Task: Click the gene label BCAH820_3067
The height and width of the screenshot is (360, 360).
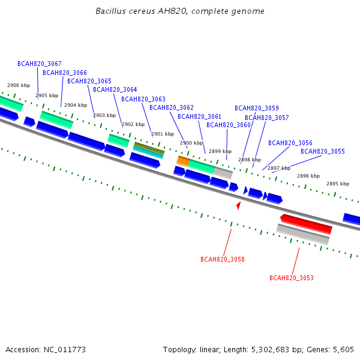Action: click(x=40, y=64)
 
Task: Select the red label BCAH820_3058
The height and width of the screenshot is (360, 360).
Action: click(x=223, y=259)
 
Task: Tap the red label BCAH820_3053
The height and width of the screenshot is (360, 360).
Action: click(x=292, y=278)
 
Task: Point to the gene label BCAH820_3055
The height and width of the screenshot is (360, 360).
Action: click(x=323, y=151)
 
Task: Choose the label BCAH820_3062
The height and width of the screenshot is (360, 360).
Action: click(x=172, y=107)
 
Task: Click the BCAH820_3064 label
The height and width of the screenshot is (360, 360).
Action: click(x=115, y=89)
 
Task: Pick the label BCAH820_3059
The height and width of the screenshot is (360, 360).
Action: click(x=257, y=108)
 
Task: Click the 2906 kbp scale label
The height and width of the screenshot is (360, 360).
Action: click(x=19, y=85)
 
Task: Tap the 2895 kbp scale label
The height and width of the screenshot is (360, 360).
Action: click(x=338, y=184)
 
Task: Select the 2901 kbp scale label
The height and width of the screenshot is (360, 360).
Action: click(x=163, y=134)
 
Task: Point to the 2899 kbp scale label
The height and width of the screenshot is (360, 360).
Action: click(x=220, y=151)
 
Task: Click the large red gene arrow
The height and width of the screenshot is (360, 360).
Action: click(x=306, y=224)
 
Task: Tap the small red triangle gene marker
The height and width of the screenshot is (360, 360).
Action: click(x=239, y=205)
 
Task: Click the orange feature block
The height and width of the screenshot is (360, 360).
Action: click(x=183, y=161)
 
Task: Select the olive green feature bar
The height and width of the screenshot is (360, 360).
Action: click(x=149, y=148)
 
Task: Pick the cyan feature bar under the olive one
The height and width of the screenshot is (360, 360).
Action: click(x=148, y=152)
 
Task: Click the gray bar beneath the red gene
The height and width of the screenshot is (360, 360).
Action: click(x=303, y=234)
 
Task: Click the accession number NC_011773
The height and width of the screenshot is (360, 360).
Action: click(x=65, y=350)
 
